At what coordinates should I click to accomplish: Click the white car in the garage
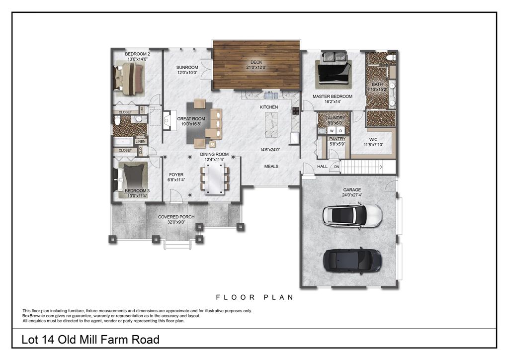(352, 214)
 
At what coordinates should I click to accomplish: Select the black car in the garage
(352, 259)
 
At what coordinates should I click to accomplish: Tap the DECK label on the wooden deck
(256, 62)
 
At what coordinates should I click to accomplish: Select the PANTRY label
(337, 139)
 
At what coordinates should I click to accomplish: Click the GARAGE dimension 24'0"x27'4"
(352, 196)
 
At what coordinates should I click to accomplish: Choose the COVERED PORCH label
(176, 217)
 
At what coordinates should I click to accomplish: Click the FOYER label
(176, 175)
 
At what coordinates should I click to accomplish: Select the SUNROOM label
(187, 67)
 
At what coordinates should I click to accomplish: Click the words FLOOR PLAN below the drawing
(254, 297)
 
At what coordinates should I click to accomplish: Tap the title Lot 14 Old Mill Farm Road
(90, 340)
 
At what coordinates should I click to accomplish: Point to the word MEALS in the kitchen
(271, 167)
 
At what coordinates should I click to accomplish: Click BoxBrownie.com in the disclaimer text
(40, 316)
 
